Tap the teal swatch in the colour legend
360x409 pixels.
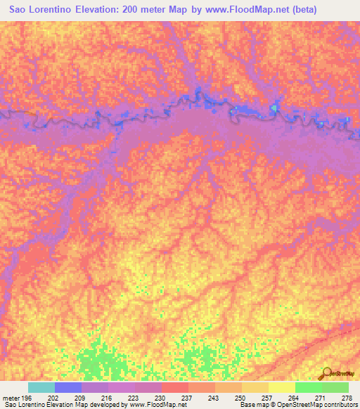pyautogui.click(x=41, y=387)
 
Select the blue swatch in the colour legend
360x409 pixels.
pyautogui.click(x=68, y=387)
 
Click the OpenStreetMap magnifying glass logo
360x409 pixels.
pyautogui.click(x=326, y=373)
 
